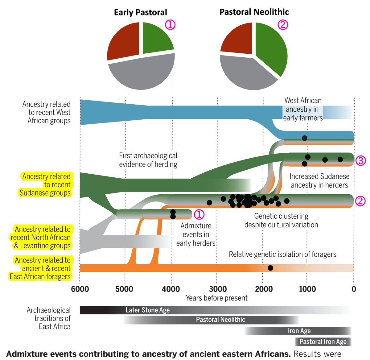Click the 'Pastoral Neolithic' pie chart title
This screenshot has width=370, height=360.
pos(254,12)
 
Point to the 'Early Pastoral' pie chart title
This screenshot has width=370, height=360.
pos(140,12)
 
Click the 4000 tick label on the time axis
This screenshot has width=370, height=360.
pos(171,289)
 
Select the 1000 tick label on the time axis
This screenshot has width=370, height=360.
pos(307,289)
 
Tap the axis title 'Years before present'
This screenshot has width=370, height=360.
pos(216,298)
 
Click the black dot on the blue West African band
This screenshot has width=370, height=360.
pos(305,138)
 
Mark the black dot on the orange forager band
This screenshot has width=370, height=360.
pos(270,268)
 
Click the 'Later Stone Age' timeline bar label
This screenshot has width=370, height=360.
pos(147,310)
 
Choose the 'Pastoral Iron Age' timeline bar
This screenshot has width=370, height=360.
pos(323,341)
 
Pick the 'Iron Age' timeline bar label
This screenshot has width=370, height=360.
pos(299,331)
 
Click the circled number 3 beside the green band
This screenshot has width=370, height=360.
pos(360,160)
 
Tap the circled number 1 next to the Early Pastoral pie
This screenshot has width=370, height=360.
pos(170,25)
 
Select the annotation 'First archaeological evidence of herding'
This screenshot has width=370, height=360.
pos(148,160)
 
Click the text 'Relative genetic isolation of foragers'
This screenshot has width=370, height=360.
pos(282,254)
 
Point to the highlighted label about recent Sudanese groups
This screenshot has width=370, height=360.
pos(46,184)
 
